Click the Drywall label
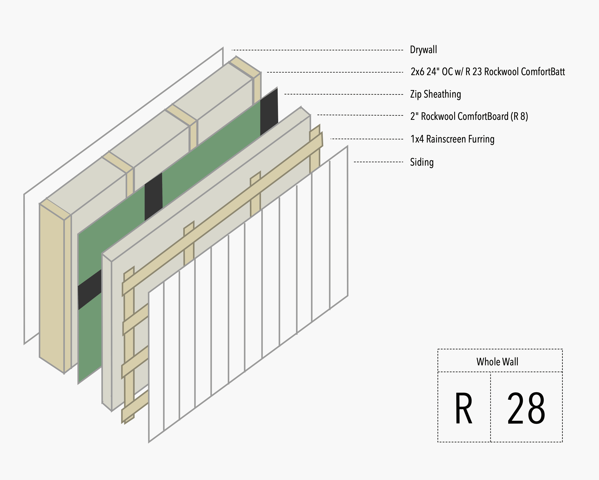pyautogui.click(x=423, y=50)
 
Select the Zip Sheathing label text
pyautogui.click(x=435, y=94)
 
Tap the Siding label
pyautogui.click(x=422, y=162)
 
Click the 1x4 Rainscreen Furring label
pyautogui.click(x=452, y=139)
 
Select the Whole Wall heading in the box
pyautogui.click(x=497, y=362)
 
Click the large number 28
pyautogui.click(x=526, y=409)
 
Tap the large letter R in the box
pyautogui.click(x=463, y=409)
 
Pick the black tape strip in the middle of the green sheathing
pyautogui.click(x=153, y=196)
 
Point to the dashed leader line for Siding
pyautogui.click(x=378, y=162)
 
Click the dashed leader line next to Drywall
pyautogui.click(x=317, y=50)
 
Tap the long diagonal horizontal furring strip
pyautogui.click(x=222, y=214)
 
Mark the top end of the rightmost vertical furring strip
pyautogui.click(x=315, y=131)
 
